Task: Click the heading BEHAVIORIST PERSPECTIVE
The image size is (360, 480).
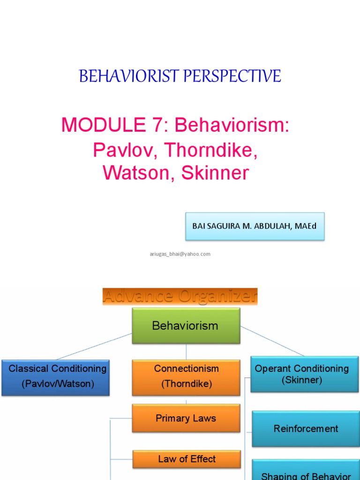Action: pyautogui.click(x=180, y=76)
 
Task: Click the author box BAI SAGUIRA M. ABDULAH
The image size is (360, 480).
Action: pyautogui.click(x=255, y=226)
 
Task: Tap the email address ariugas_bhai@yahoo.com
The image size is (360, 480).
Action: pyautogui.click(x=180, y=254)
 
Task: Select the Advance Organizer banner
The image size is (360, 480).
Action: pyautogui.click(x=180, y=296)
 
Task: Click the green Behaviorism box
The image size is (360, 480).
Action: pyautogui.click(x=186, y=326)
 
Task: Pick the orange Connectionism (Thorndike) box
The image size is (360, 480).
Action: pyautogui.click(x=186, y=376)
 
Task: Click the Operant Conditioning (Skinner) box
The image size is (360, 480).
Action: pyautogui.click(x=304, y=375)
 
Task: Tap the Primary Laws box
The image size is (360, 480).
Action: pyautogui.click(x=186, y=418)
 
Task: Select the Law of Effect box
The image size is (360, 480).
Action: pyautogui.click(x=186, y=459)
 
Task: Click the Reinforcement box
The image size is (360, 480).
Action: pyautogui.click(x=306, y=428)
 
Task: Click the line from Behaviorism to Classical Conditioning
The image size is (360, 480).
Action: pyautogui.click(x=94, y=346)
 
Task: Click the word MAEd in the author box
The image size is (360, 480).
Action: pyautogui.click(x=306, y=226)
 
